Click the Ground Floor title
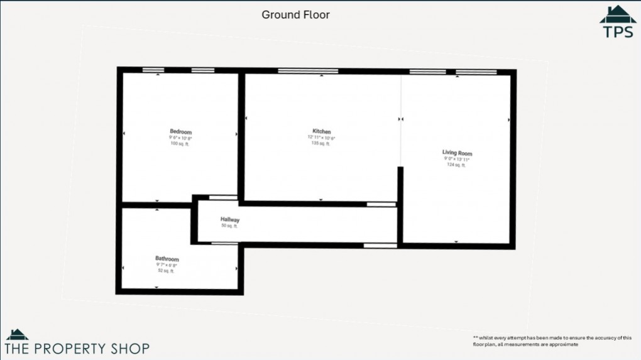pos(295,14)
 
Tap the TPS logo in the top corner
pos(618,23)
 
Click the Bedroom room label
pos(180,131)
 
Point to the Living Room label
pos(457,153)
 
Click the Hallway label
pos(229,220)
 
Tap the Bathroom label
pos(167,259)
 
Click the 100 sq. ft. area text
pos(180,144)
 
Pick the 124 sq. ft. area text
pos(456,165)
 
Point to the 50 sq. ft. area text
pos(229,226)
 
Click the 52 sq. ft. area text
pos(167,271)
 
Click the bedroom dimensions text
pos(180,138)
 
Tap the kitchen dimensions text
pos(321,138)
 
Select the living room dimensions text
pos(456,160)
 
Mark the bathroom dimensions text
pos(167,265)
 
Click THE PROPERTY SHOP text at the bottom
pos(77,348)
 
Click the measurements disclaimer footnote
pos(552,341)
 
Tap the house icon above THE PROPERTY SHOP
pos(17,334)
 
